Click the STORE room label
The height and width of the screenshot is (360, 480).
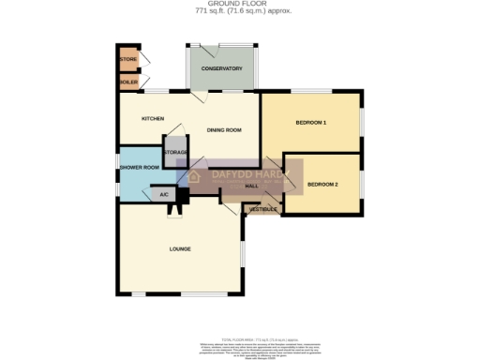(128, 60)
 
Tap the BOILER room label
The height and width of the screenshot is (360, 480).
(128, 82)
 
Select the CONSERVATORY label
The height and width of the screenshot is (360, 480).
(222, 68)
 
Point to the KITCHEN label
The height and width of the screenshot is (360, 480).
(153, 119)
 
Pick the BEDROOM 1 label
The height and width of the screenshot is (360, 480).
(310, 124)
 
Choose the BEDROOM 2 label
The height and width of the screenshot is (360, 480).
(322, 184)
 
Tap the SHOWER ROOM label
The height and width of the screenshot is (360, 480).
(139, 168)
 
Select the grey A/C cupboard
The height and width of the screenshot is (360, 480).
(164, 195)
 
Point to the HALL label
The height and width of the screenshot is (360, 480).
(251, 187)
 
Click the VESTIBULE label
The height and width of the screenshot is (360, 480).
(263, 208)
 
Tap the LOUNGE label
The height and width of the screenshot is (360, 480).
(180, 248)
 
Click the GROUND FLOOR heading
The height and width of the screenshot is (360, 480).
(239, 4)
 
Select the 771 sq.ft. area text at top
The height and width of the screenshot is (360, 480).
(239, 10)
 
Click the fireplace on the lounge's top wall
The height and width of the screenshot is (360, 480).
(174, 208)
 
